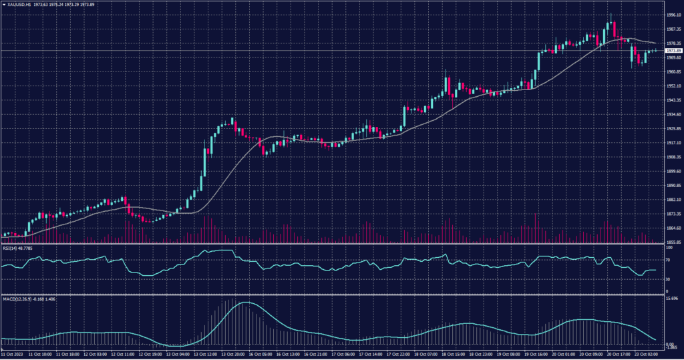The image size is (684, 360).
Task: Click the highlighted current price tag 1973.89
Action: tap(673, 51)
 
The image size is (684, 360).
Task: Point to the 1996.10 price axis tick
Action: tap(673, 15)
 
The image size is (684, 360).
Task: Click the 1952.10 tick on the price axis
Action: tap(673, 86)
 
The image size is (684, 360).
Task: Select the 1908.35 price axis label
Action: tap(673, 158)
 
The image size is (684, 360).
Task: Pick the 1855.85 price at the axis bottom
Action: tap(673, 242)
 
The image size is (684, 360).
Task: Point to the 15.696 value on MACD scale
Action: tap(673, 298)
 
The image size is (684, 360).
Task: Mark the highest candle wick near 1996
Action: tap(611, 14)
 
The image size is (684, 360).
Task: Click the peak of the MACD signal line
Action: tap(245, 303)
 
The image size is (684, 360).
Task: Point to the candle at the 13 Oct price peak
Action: tap(232, 121)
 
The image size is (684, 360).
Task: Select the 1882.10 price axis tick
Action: tap(673, 200)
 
